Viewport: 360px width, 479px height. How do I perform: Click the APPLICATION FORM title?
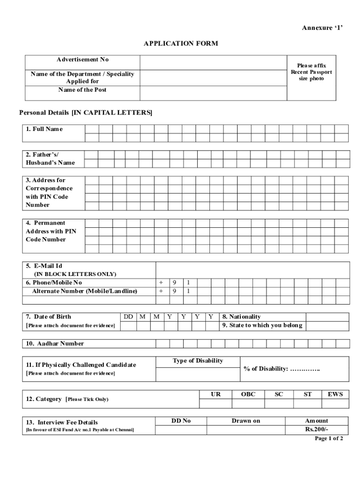[180, 44]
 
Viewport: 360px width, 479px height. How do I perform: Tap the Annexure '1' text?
[322, 28]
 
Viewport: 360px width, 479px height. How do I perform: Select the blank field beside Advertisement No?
[213, 62]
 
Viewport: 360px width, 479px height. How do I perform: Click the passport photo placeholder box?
[311, 77]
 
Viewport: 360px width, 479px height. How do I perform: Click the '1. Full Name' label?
[44, 129]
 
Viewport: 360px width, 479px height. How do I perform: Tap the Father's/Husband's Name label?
[50, 159]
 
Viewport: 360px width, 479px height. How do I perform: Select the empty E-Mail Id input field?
[252, 270]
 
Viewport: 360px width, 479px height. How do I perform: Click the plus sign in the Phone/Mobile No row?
[161, 283]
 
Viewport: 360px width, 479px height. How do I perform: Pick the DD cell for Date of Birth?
[128, 317]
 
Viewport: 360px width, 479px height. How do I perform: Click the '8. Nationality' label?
[242, 317]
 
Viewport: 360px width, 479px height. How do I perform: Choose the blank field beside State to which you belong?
[328, 326]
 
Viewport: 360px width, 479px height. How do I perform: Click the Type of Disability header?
[198, 361]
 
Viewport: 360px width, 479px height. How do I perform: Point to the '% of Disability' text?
[281, 369]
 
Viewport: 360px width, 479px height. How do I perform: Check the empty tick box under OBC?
[248, 404]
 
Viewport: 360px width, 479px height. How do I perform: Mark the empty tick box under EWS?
[335, 404]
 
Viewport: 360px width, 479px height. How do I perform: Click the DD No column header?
[181, 421]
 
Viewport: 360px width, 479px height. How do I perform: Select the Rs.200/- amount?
[317, 429]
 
